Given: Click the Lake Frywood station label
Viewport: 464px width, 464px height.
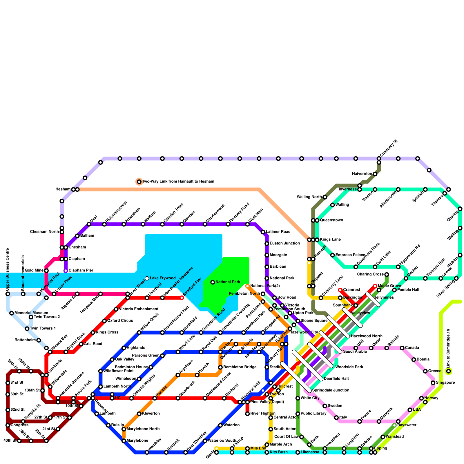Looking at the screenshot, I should (x=163, y=278).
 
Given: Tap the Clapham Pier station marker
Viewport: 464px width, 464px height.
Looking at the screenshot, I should (x=66, y=271).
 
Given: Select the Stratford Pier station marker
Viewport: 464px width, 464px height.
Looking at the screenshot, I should (x=182, y=298).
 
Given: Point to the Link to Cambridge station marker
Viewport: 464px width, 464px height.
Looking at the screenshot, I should (x=449, y=371).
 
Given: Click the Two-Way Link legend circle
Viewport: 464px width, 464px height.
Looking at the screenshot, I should (x=139, y=182).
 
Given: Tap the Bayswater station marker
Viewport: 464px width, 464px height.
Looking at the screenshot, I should (x=394, y=425).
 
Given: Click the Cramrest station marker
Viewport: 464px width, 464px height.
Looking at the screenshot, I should (x=340, y=290).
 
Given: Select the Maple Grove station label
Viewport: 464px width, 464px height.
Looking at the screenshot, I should (x=389, y=286).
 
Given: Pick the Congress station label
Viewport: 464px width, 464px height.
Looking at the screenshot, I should (x=19, y=425).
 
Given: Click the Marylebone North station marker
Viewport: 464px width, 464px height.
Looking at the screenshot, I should (x=124, y=429).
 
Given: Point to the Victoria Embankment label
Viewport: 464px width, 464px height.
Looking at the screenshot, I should (x=139, y=309).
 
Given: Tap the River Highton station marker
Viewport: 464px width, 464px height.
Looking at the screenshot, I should (x=247, y=414).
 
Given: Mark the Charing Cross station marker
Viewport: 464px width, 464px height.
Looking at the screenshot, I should (x=387, y=275).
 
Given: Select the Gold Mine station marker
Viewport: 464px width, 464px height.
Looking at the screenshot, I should (x=46, y=271).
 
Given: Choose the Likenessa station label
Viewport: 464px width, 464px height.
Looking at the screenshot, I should (x=310, y=452).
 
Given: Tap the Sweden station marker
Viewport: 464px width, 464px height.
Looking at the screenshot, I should (x=325, y=406).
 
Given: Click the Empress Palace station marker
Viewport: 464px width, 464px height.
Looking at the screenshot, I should (x=333, y=255).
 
